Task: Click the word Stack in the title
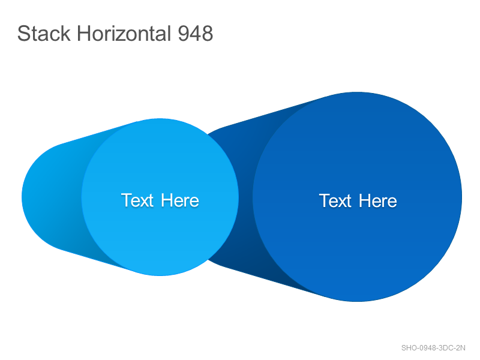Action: [x=44, y=33]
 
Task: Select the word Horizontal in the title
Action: [x=124, y=33]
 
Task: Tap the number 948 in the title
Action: [x=196, y=33]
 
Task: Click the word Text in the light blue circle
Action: [x=137, y=200]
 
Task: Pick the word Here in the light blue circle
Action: [x=180, y=200]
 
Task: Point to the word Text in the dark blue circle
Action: [x=335, y=200]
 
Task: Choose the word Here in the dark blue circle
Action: [x=378, y=200]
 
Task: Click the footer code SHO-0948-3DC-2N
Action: [x=433, y=348]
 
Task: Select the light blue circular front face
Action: [x=160, y=197]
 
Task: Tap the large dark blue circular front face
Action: [x=357, y=197]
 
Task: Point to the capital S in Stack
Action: [x=23, y=33]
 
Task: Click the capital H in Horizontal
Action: [x=84, y=33]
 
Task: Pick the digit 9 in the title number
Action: [x=184, y=33]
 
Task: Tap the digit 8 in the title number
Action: [x=207, y=33]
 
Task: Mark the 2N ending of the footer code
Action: [x=460, y=348]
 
